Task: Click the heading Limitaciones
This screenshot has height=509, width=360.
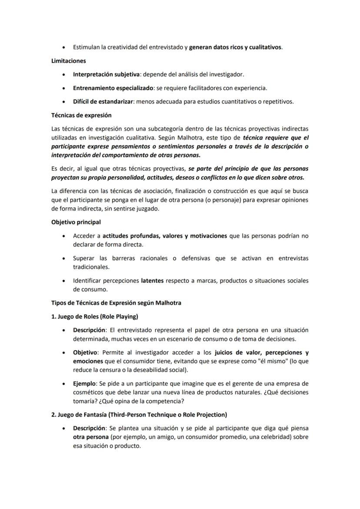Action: (68, 61)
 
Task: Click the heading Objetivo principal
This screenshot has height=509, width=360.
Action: (76, 222)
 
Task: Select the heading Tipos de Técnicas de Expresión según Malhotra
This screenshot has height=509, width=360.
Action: (116, 303)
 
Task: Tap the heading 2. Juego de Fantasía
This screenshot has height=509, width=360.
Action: (139, 415)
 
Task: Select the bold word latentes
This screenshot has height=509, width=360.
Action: (152, 281)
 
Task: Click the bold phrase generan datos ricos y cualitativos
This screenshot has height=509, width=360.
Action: (235, 47)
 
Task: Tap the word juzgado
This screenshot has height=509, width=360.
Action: (147, 209)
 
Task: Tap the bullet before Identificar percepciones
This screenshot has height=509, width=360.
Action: (64, 281)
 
